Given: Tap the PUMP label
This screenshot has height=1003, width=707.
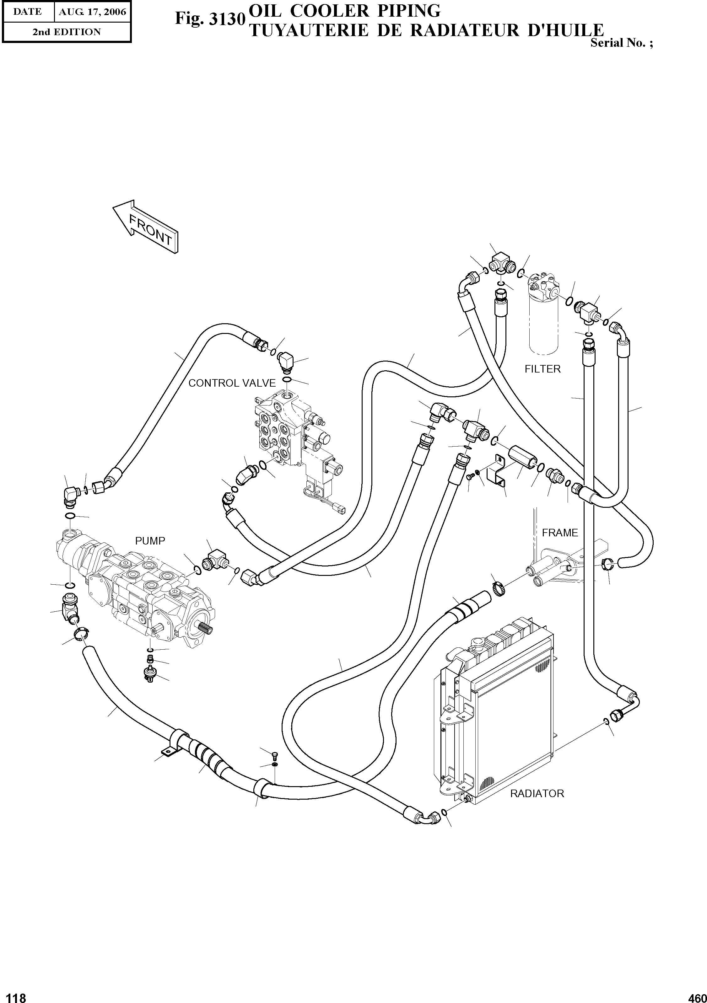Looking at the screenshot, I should click(x=150, y=541).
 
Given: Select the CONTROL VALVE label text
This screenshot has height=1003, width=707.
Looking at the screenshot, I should click(x=232, y=383).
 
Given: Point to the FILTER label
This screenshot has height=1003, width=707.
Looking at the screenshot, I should click(x=542, y=369).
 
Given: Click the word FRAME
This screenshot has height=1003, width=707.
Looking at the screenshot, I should click(x=560, y=533).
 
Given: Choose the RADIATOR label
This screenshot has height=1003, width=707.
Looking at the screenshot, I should click(x=537, y=793).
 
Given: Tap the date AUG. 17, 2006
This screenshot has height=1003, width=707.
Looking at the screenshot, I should click(x=92, y=12).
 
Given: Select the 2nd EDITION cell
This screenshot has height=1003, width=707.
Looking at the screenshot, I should click(x=67, y=32).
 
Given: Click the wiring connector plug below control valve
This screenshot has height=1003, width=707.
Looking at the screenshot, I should click(x=340, y=510).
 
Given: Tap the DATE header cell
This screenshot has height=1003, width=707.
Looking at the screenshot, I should click(x=27, y=12).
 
